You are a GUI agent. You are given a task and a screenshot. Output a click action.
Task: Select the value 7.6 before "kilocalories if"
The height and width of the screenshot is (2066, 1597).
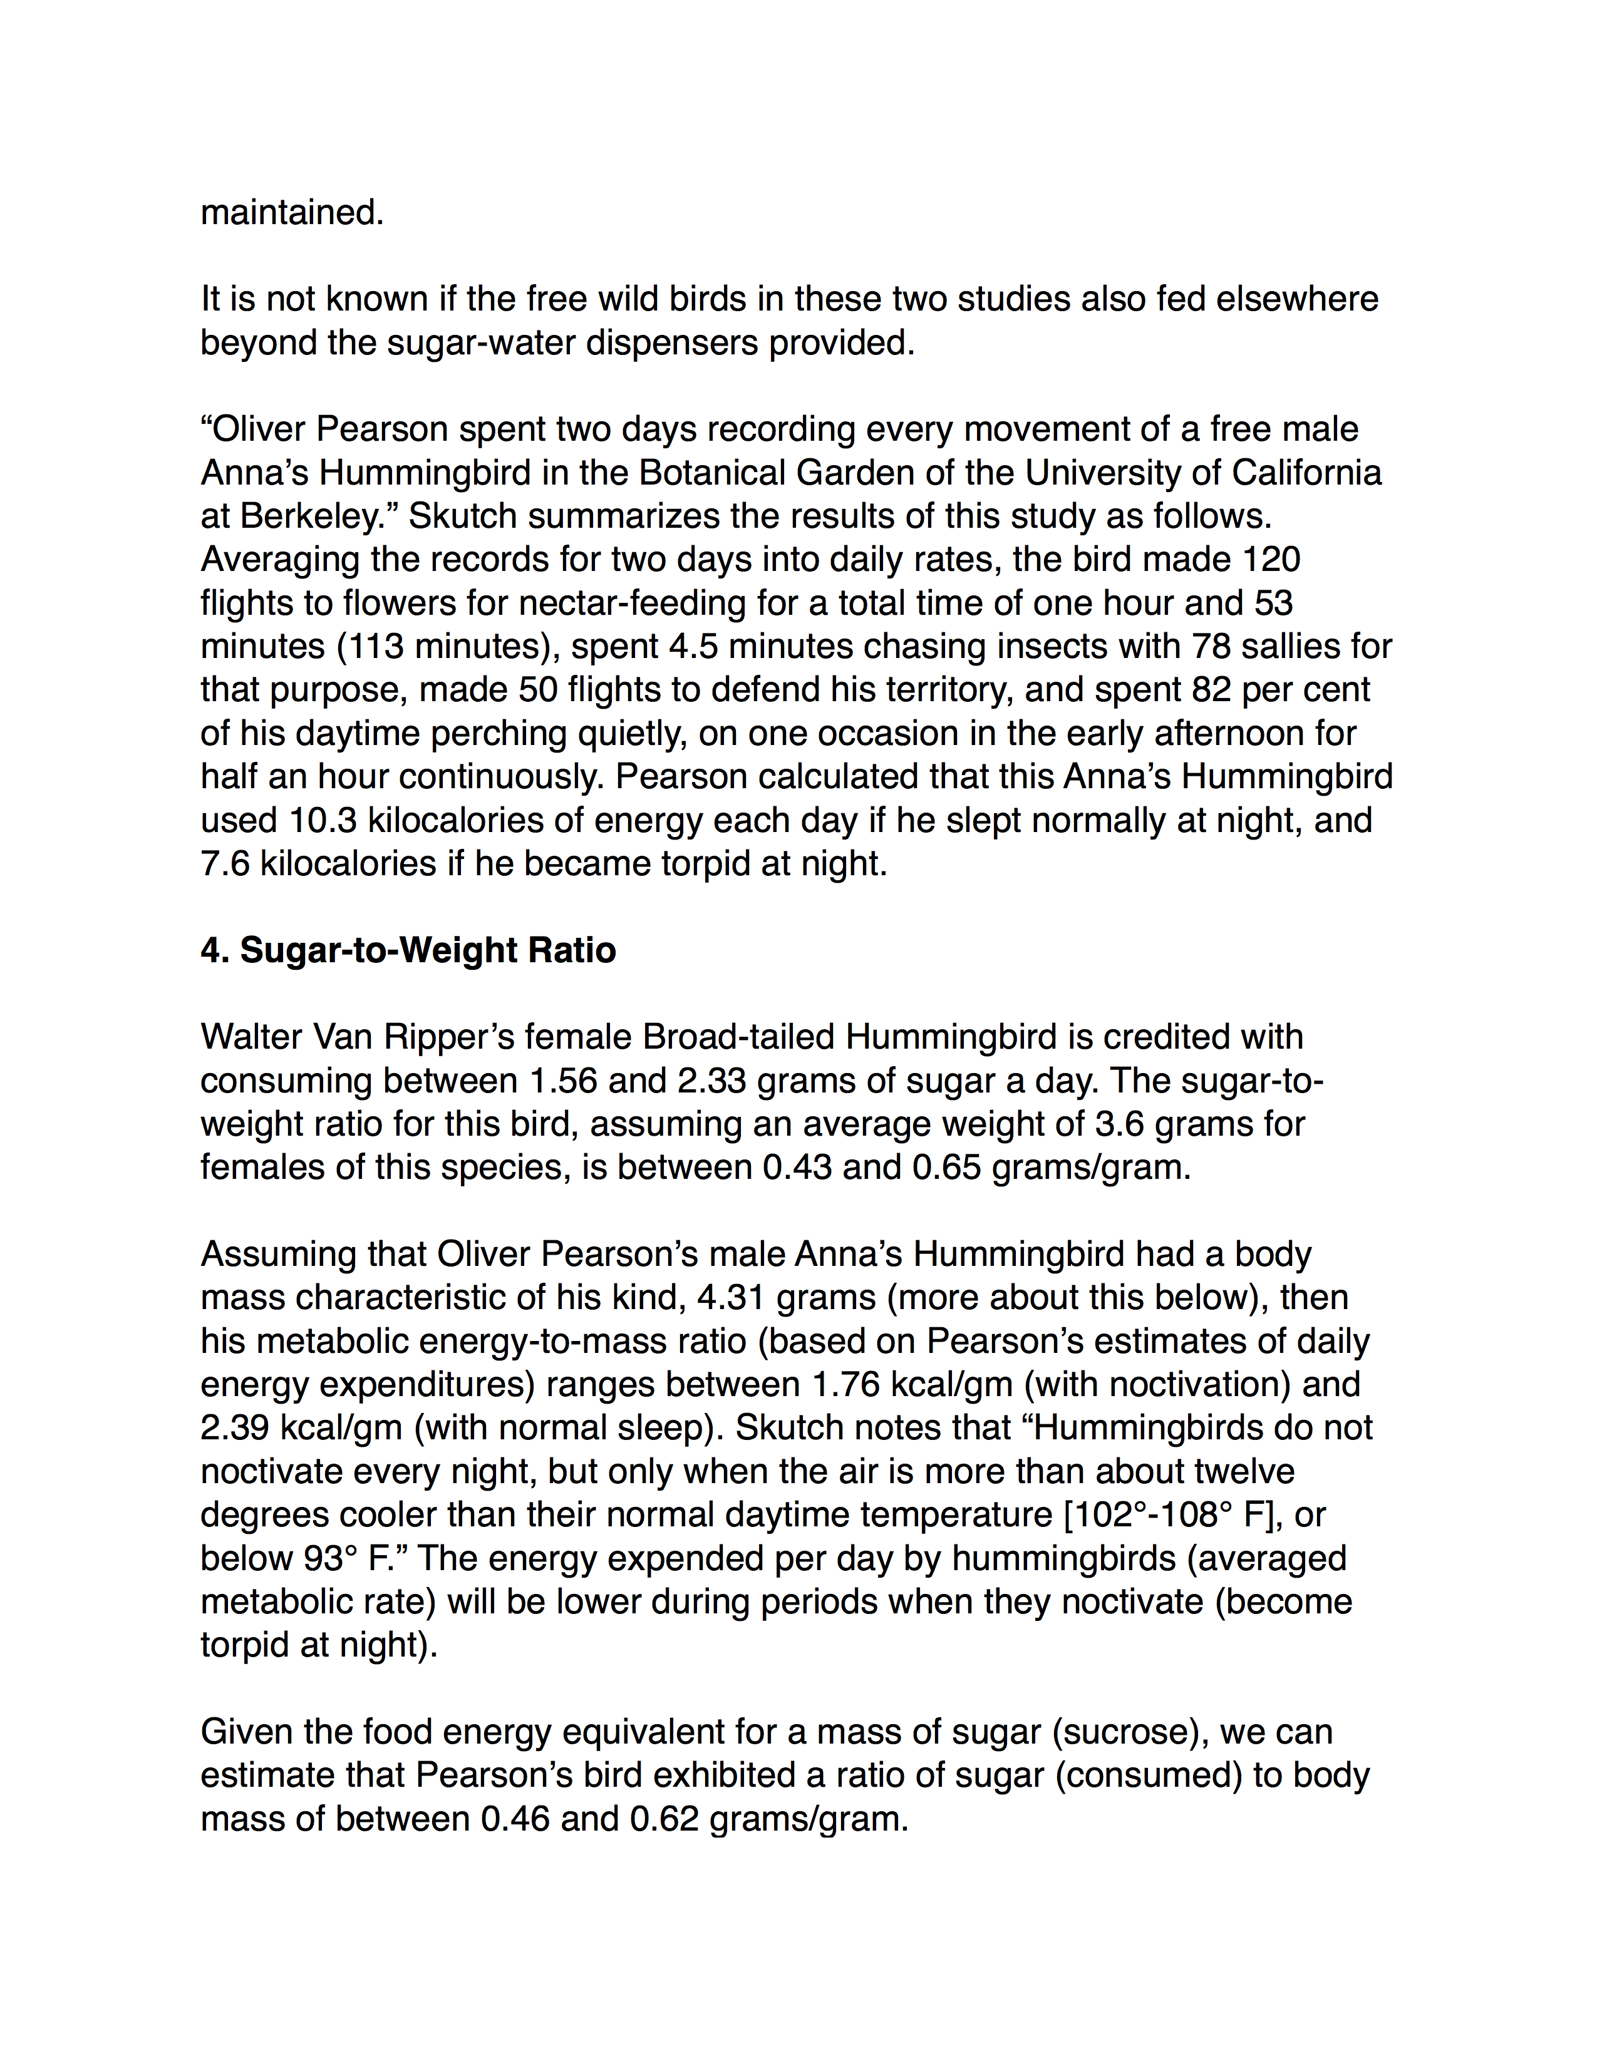pyautogui.click(x=225, y=865)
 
